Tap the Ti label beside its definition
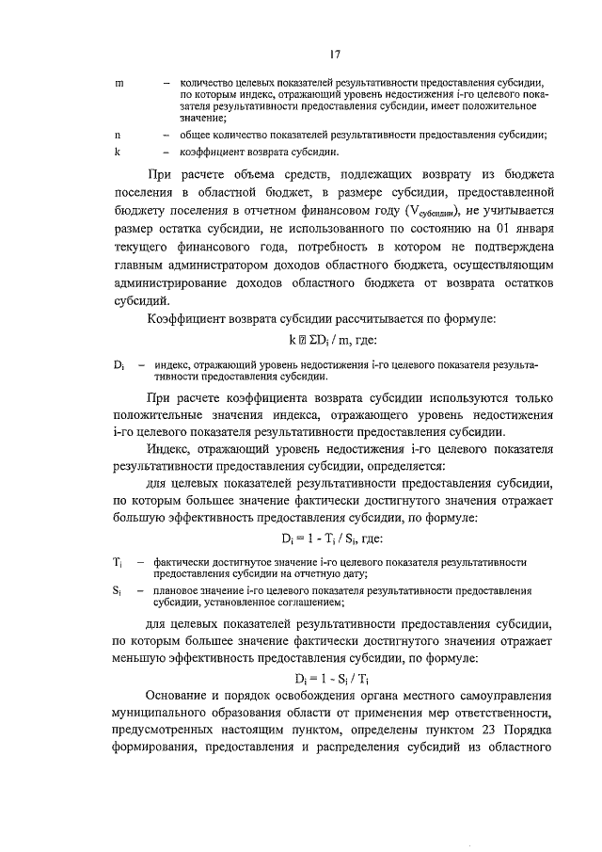pyautogui.click(x=118, y=561)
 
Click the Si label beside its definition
pyautogui.click(x=117, y=590)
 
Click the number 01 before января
pyautogui.click(x=490, y=231)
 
